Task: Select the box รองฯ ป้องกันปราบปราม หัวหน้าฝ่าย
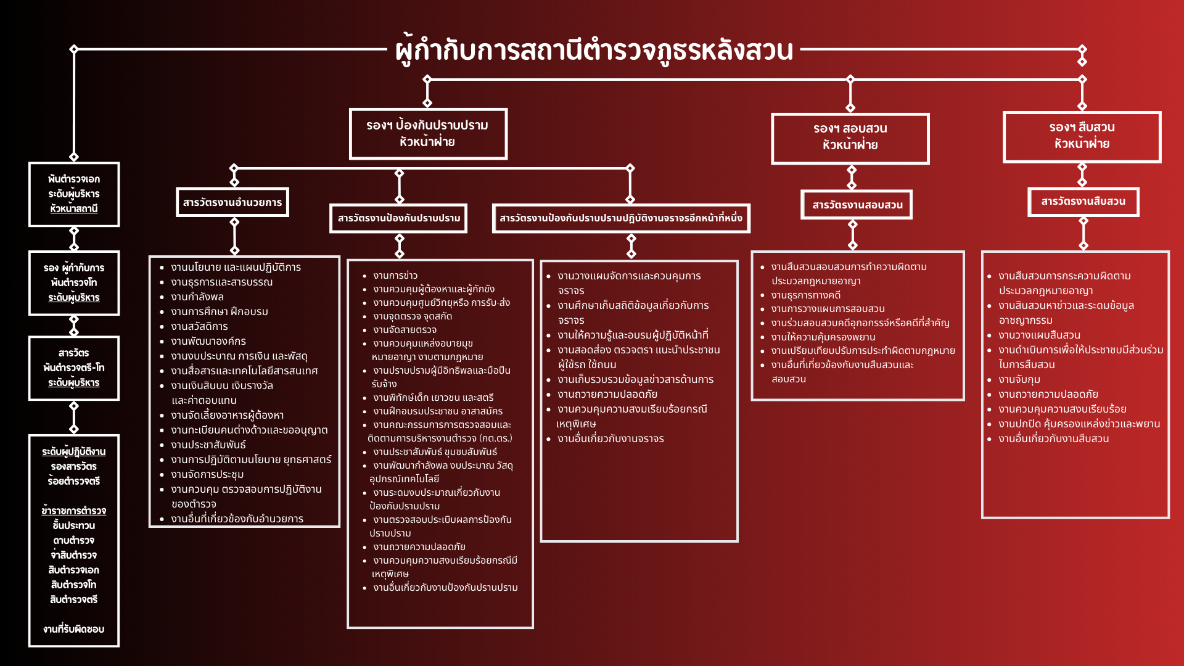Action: (427, 134)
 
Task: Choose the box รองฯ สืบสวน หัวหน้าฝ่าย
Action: (1082, 136)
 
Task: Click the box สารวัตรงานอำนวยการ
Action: (232, 202)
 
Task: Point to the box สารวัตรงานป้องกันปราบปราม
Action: (398, 218)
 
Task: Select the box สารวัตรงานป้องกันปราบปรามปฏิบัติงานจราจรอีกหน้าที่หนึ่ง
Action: (620, 218)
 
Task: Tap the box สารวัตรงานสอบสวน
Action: (857, 205)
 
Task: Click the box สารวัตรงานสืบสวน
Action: (1083, 202)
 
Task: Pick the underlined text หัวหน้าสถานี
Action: (74, 209)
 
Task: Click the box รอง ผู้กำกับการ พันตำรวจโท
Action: (74, 283)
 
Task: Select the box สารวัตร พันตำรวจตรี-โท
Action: (74, 368)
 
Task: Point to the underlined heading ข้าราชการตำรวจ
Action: (74, 511)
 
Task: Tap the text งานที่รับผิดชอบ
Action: (74, 630)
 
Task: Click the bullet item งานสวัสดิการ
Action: (199, 327)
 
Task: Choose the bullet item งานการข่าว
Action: (395, 276)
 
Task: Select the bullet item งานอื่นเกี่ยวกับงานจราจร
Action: (610, 439)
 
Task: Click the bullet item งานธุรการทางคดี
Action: (805, 295)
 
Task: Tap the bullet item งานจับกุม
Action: (1019, 380)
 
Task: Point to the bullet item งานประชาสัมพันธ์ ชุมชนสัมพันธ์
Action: (435, 452)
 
